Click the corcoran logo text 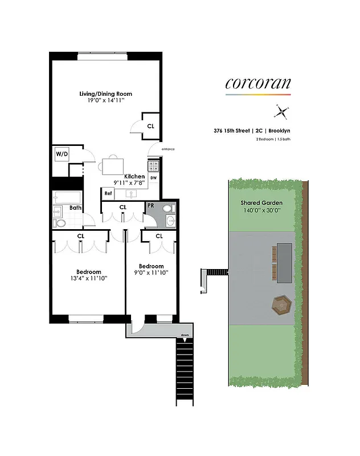click(258, 84)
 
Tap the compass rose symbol click(281, 111)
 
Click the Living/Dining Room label click(105, 93)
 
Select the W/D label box click(61, 154)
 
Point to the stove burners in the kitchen click(154, 166)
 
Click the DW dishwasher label click(154, 178)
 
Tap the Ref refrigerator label click(108, 194)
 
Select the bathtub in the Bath click(64, 198)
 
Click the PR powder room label click(151, 205)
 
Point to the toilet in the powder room click(169, 219)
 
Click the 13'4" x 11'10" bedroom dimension click(89, 279)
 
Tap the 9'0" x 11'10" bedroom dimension click(151, 273)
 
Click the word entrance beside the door click(167, 149)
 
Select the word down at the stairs click(185, 335)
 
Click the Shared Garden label click(259, 203)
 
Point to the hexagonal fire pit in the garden click(281, 305)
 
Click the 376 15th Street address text click(230, 131)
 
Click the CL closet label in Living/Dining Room click(150, 126)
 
